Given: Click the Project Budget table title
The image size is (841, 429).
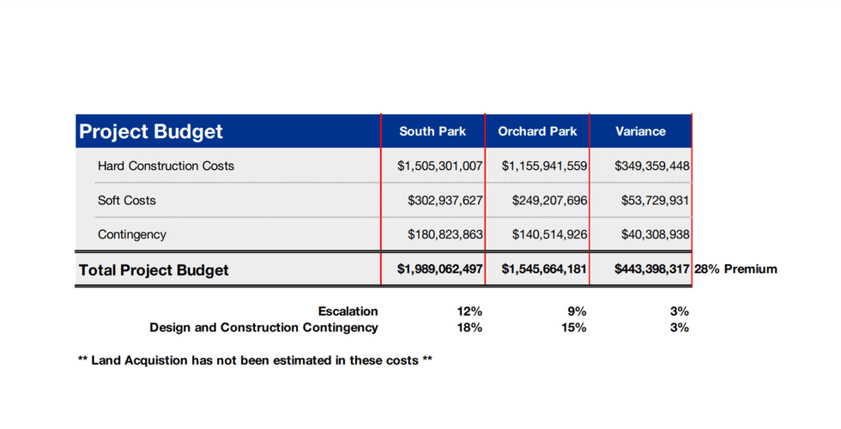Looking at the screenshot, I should click(x=151, y=131).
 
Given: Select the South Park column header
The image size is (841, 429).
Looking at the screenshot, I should click(x=433, y=131).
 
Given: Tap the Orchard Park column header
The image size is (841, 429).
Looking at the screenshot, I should click(x=537, y=131).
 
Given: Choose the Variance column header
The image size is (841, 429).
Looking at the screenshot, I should click(x=640, y=131).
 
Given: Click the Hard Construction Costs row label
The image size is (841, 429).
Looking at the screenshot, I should click(x=166, y=166).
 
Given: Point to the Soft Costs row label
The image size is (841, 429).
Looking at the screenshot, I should click(x=127, y=200).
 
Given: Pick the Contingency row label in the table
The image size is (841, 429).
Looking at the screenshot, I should click(x=132, y=234).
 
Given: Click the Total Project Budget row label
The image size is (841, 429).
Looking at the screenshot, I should click(x=154, y=270).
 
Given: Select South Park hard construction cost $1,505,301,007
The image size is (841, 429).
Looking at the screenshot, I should click(x=440, y=166).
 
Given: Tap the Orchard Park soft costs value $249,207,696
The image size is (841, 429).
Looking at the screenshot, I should click(x=549, y=200).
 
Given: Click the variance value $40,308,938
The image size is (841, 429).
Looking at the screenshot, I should click(x=656, y=234).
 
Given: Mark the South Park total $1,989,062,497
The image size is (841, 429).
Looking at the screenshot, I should click(x=440, y=269).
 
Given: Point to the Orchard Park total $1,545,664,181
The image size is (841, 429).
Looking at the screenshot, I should click(x=544, y=269).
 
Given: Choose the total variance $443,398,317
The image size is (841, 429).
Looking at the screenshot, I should click(x=652, y=269).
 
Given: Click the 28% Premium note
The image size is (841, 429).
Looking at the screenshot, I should click(x=735, y=269).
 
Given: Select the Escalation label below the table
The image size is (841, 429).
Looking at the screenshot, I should click(x=348, y=311).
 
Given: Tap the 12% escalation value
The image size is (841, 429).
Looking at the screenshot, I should click(x=470, y=311).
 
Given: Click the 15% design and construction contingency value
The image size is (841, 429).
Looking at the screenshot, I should click(x=575, y=327).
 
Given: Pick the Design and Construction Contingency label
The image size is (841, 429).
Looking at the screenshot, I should click(x=263, y=327).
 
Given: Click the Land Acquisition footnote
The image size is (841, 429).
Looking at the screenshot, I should click(x=255, y=360).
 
